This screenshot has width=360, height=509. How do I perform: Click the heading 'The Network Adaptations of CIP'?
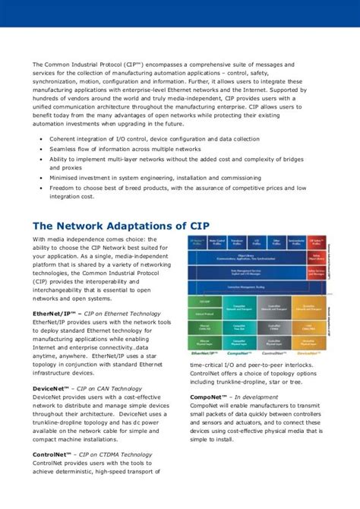tap(121, 226)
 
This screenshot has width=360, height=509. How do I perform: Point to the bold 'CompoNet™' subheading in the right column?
tap(211, 397)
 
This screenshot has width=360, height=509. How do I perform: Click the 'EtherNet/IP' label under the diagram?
tap(204, 354)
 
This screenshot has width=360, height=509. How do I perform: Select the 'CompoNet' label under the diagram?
tap(239, 354)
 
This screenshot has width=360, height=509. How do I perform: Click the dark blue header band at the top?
tap(180, 14)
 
